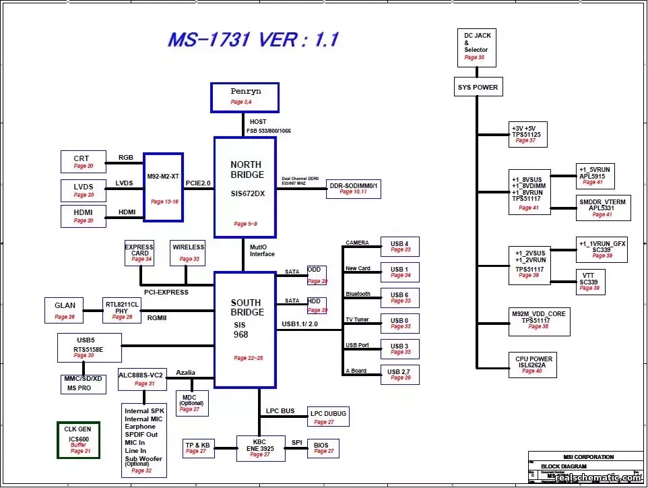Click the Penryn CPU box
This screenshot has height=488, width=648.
point(245,97)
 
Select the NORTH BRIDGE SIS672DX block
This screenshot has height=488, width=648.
point(245,187)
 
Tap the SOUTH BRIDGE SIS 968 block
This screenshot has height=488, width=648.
point(245,330)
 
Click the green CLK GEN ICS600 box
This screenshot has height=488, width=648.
point(79,440)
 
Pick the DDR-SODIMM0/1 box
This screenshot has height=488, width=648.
point(354,189)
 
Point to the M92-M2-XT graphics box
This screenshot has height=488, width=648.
point(163,187)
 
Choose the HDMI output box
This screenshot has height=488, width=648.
point(84,216)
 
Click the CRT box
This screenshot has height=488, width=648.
point(84,162)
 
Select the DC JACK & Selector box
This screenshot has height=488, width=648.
point(476,48)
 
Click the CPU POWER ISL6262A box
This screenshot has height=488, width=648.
point(533,365)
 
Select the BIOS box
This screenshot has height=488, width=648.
point(322,448)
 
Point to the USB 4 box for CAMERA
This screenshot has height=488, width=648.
point(400,246)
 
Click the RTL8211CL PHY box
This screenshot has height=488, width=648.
point(122,309)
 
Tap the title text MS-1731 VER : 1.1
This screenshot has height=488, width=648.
point(253,40)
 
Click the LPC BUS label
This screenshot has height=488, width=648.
point(280,410)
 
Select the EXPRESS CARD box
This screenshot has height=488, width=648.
point(139,252)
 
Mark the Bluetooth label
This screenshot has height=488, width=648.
point(358,294)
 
